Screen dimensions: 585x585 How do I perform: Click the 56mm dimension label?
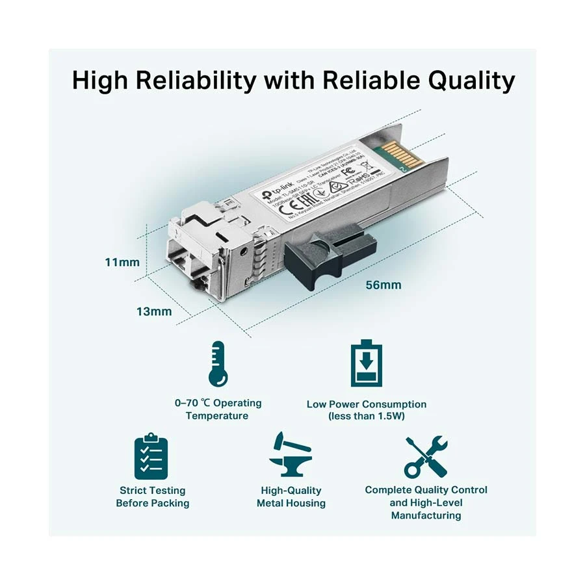point(383,285)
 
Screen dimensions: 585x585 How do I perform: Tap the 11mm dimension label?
point(122,263)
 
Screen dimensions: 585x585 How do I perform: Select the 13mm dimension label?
point(154,311)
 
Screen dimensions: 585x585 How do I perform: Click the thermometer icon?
point(217,365)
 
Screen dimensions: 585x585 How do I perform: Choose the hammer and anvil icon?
point(290,454)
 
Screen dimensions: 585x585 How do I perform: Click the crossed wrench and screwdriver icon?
point(426,457)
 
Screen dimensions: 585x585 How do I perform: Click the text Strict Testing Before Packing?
point(153,497)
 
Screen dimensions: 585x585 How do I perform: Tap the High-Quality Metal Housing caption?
point(291,497)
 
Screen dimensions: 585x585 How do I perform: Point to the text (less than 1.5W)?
point(367,416)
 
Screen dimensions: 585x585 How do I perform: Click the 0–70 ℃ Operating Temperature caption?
point(218,409)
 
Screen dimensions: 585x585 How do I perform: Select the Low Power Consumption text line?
point(367,404)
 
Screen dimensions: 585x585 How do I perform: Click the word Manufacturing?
point(426,515)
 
